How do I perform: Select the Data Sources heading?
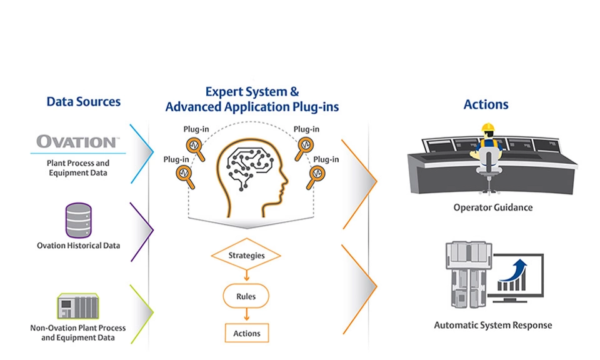pos(83,102)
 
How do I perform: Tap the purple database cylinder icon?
pos(78,221)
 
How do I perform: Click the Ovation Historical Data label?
pos(78,246)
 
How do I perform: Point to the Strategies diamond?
pos(246,255)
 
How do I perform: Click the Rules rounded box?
pos(246,296)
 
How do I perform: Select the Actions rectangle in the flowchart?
pos(246,333)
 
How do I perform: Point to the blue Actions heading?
pos(486,104)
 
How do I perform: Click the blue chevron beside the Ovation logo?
pos(145,152)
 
